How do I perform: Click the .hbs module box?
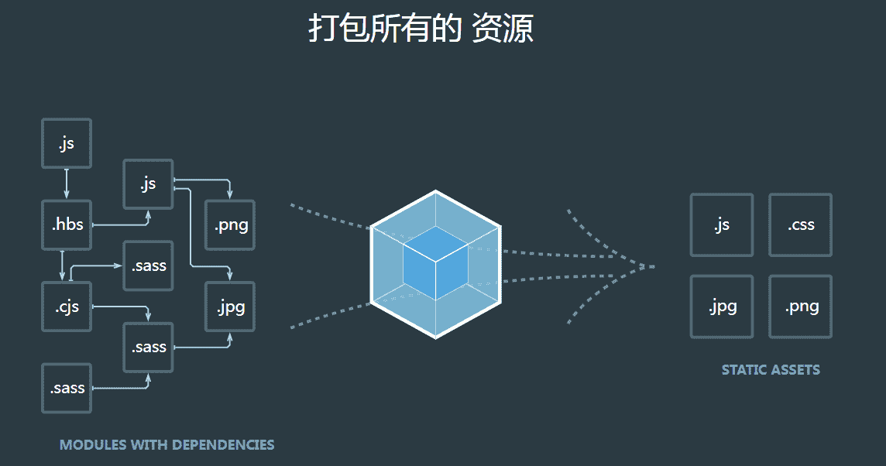67,225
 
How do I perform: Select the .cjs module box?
67,307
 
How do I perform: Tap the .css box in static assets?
800,225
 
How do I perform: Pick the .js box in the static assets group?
721,225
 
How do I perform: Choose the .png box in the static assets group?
800,307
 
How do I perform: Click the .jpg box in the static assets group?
721,307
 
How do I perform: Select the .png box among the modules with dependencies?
230,225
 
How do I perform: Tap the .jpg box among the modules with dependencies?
230,307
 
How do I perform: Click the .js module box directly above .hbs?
67,143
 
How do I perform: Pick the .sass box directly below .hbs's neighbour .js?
148,266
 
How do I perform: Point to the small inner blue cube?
435,264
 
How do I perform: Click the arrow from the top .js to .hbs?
67,183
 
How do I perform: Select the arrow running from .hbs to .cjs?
62,266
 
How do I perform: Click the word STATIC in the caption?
742,370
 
